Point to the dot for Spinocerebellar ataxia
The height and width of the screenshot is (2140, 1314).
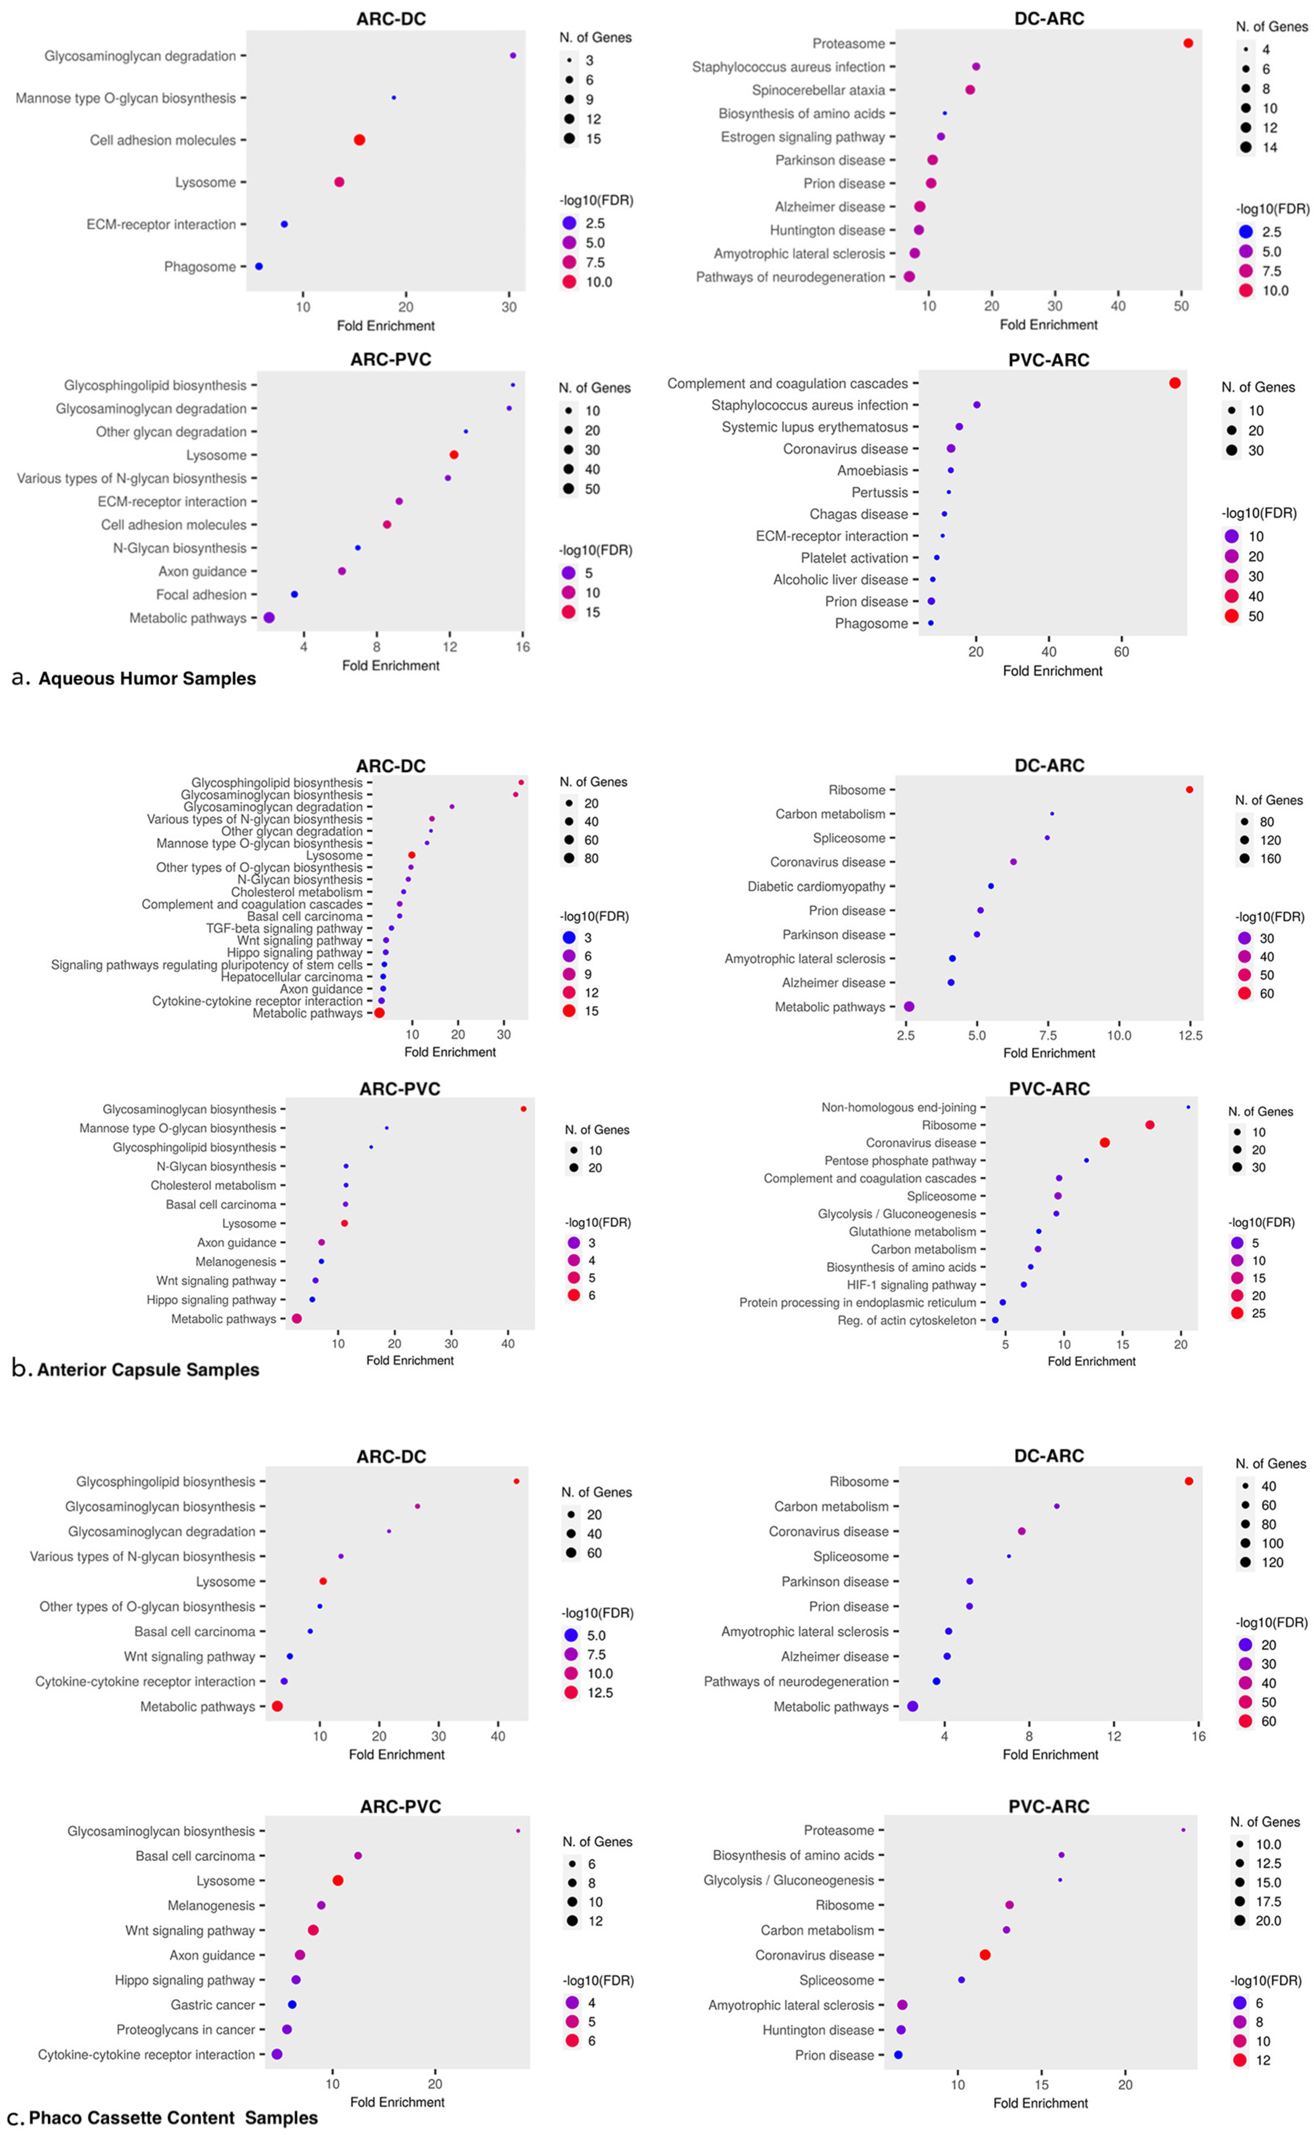pos(970,90)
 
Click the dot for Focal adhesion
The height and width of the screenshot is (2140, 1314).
pos(295,594)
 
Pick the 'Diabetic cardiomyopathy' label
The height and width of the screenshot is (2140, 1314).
pos(816,886)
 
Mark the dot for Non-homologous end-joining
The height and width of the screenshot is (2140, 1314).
pos(1188,1107)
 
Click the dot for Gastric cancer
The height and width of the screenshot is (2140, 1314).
pos(292,2004)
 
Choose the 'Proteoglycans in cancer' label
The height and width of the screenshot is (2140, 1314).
pos(186,2029)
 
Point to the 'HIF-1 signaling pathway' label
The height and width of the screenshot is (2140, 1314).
pos(912,1284)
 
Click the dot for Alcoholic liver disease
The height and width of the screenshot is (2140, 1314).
pos(933,579)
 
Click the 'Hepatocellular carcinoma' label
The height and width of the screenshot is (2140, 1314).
pos(291,976)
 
